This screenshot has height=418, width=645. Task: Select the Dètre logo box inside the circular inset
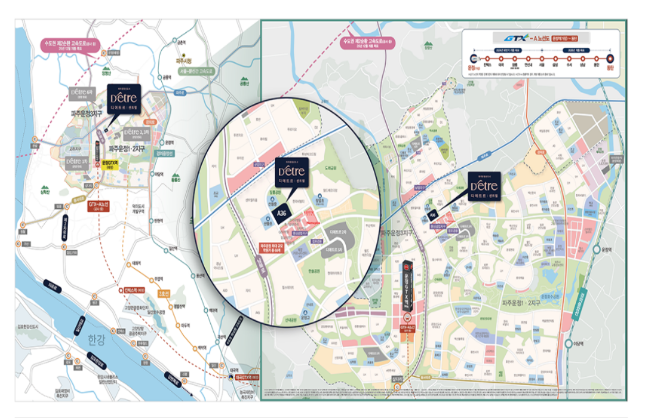(x=291, y=173)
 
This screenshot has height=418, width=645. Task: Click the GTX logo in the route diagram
(x=516, y=37)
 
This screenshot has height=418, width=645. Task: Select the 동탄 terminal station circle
(x=610, y=59)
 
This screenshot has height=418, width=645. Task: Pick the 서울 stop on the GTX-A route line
(x=541, y=59)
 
